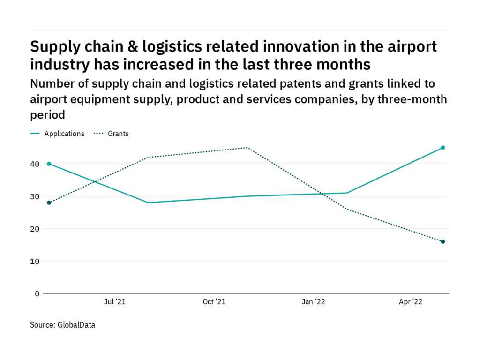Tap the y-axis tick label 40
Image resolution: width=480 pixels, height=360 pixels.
[x=35, y=164]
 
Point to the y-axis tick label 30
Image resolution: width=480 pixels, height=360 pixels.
[x=35, y=196]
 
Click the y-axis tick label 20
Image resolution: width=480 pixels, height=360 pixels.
[x=35, y=229]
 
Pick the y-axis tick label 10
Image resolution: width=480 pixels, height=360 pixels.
[x=35, y=261]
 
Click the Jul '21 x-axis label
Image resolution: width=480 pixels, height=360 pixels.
[x=115, y=302]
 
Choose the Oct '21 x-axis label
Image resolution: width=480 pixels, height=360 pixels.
[x=214, y=302]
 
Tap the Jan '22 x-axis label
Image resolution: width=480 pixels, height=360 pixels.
[x=313, y=302]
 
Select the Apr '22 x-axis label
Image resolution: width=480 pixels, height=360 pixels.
[x=411, y=302]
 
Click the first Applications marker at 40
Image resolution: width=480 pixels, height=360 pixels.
[x=49, y=164]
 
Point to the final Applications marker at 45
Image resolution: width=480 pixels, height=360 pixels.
[x=442, y=148]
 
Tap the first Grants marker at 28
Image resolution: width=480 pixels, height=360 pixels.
[x=49, y=202]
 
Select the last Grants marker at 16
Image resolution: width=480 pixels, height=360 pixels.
[x=442, y=241]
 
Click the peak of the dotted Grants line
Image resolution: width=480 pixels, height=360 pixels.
[x=247, y=148]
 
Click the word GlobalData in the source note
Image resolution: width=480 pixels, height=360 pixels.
[x=76, y=324]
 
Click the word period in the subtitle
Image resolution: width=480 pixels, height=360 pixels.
[x=47, y=114]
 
